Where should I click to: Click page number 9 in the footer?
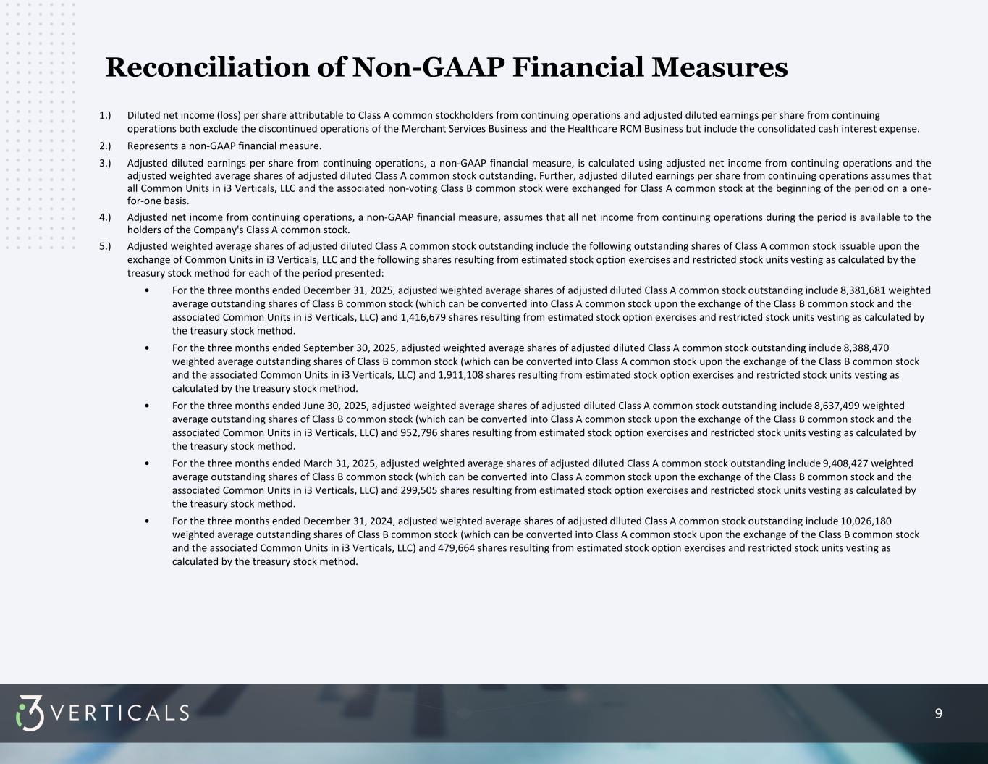pyautogui.click(x=939, y=714)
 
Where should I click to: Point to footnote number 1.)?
pyautogui.click(x=106, y=115)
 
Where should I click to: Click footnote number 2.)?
pyautogui.click(x=106, y=146)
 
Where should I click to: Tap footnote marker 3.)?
pyautogui.click(x=106, y=163)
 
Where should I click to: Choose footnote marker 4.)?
pyautogui.click(x=106, y=217)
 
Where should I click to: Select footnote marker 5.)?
pyautogui.click(x=106, y=246)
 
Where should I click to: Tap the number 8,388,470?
pyautogui.click(x=866, y=348)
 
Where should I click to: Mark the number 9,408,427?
pyautogui.click(x=849, y=463)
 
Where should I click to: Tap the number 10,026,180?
pyautogui.click(x=866, y=521)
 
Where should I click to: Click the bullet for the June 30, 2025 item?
pyautogui.click(x=147, y=406)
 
